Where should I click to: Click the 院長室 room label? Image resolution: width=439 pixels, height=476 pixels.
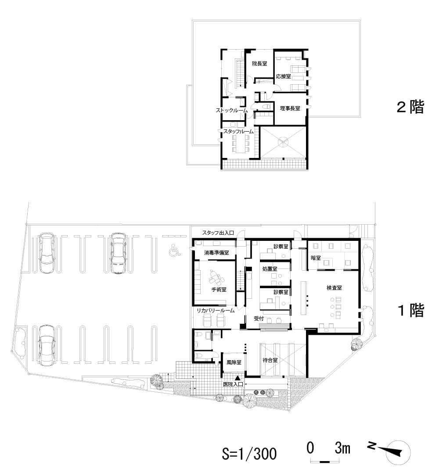(259, 64)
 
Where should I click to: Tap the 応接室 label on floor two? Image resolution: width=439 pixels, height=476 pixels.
(283, 76)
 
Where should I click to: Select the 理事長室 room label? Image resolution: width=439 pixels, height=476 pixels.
(290, 108)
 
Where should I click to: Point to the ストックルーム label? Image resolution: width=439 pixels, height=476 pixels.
(231, 110)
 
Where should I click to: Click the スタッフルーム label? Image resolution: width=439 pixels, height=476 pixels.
(238, 132)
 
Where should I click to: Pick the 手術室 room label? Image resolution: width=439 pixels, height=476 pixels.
(219, 289)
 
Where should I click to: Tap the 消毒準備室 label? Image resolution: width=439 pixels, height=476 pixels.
(216, 253)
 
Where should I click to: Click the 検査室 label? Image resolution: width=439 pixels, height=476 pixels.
(334, 288)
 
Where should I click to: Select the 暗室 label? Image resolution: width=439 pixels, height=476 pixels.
(316, 258)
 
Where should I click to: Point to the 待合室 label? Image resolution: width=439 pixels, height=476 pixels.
(270, 360)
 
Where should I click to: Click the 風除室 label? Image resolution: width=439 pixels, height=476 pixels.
(234, 362)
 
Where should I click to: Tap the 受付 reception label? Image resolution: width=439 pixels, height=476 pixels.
(259, 319)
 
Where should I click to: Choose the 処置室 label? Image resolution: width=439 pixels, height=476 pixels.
(270, 269)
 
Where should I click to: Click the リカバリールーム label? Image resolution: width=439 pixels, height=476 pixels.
(216, 311)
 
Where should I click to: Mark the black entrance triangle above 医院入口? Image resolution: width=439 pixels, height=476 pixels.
(238, 378)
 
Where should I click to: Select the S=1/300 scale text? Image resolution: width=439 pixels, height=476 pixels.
(249, 454)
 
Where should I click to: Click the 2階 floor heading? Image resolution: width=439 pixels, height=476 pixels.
(410, 107)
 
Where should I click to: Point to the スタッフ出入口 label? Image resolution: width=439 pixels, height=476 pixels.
(218, 233)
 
